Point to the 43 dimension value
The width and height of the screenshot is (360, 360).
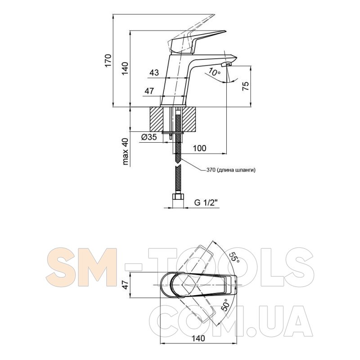[154, 73]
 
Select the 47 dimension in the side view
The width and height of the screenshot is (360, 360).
[149, 91]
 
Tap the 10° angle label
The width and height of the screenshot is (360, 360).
[215, 72]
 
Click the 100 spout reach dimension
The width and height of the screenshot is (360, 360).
[199, 148]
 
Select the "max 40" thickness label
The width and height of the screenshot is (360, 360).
[126, 151]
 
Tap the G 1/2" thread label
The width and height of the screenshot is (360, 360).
[206, 203]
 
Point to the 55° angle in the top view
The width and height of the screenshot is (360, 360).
[234, 257]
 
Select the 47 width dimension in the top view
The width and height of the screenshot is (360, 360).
[126, 284]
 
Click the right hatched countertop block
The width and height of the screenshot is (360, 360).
[190, 119]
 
